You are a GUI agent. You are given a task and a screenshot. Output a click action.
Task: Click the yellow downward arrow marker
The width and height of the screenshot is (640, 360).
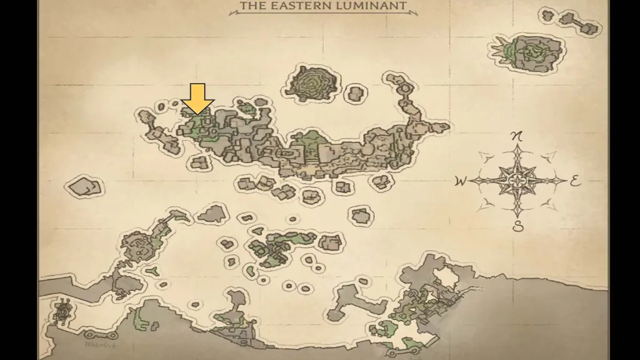pos(197,99)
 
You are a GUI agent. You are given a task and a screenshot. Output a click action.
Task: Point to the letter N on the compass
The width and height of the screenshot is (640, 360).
pos(517,136)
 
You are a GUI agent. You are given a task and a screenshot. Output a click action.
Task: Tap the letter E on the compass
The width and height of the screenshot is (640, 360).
pos(576,182)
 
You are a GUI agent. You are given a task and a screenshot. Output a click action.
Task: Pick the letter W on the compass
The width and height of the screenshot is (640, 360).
pos(461,182)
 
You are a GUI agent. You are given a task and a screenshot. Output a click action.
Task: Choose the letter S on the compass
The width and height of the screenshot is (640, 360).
pos(517,227)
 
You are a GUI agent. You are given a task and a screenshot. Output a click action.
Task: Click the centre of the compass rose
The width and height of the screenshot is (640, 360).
pos(517,181)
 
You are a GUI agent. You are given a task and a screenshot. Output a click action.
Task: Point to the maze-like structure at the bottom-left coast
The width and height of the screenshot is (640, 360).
pos(62,311)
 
